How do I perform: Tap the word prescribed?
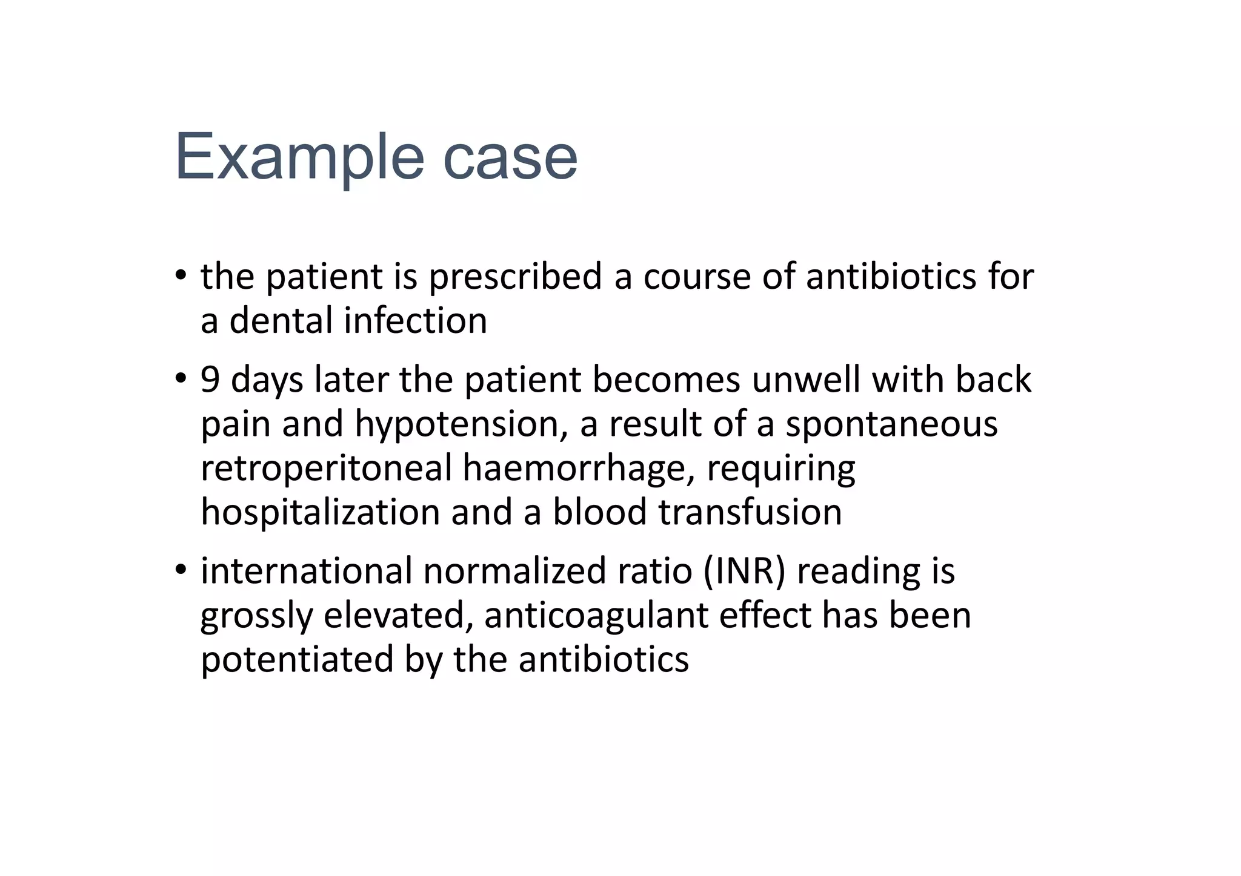pyautogui.click(x=515, y=277)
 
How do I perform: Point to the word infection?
pyautogui.click(x=415, y=320)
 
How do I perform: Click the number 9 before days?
pyautogui.click(x=210, y=380)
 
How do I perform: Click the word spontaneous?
pyautogui.click(x=891, y=424)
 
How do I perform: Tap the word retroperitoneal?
pyautogui.click(x=326, y=468)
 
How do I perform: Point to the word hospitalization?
pyautogui.click(x=321, y=512)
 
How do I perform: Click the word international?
pyautogui.click(x=306, y=571)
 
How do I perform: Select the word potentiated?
pyautogui.click(x=297, y=659)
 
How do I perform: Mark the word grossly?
pyautogui.click(x=256, y=616)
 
